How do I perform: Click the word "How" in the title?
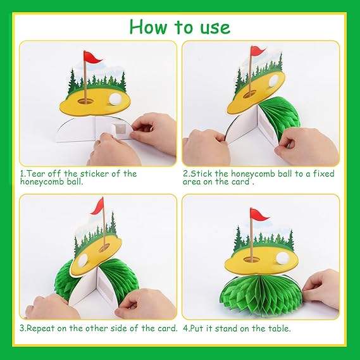148,27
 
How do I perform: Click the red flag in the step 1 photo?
92,58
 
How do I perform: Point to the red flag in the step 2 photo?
258,51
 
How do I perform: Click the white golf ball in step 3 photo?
83,260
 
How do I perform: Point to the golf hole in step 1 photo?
85,101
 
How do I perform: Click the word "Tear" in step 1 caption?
37,173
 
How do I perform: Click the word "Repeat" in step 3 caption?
40,328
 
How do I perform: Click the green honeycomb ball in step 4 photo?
261,292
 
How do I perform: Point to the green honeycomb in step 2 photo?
279,116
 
